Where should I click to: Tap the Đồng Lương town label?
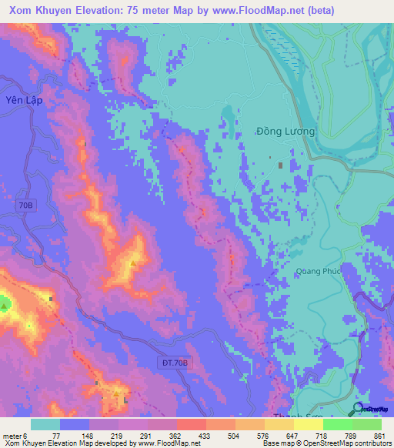tap(285, 132)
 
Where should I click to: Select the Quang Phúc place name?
tap(316, 271)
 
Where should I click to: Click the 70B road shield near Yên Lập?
tap(25, 206)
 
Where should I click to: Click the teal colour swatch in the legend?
tap(45, 424)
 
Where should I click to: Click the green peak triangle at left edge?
tap(5, 306)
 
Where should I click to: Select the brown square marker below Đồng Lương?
tap(280, 165)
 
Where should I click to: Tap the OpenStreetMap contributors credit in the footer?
tap(349, 443)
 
